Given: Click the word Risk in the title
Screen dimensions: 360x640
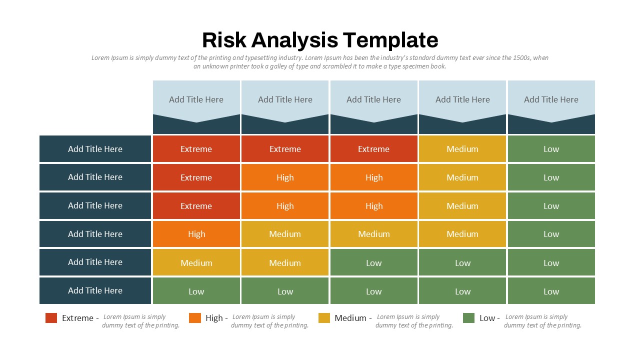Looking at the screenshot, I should click(x=224, y=40).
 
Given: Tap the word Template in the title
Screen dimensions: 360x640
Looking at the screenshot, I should click(x=390, y=40).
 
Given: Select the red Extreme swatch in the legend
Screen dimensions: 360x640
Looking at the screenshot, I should click(x=51, y=318).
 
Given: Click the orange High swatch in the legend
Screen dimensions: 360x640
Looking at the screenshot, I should click(x=195, y=318).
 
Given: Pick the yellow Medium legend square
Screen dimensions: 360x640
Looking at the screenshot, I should click(x=324, y=318).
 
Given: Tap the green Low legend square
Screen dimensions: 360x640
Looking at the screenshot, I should click(x=468, y=318).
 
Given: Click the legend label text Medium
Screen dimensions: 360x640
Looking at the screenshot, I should click(x=350, y=318).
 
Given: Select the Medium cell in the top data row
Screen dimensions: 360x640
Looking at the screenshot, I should click(x=462, y=149).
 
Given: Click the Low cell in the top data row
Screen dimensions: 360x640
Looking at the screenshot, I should click(x=551, y=149).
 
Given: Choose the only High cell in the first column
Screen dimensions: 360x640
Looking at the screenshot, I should click(x=196, y=234).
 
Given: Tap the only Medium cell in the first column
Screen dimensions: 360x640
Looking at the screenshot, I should click(x=196, y=262).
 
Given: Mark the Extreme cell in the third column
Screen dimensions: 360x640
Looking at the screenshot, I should click(x=373, y=149).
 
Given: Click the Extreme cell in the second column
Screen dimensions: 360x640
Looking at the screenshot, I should click(x=285, y=149).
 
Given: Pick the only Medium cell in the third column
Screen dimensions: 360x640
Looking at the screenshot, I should click(x=373, y=234).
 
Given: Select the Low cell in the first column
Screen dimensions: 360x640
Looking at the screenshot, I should click(x=196, y=291).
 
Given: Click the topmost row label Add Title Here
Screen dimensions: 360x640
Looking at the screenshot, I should click(x=95, y=149).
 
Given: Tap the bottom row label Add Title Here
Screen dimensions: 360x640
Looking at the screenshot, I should click(x=95, y=290).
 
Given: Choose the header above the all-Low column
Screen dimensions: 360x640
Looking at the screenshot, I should click(x=551, y=100).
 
